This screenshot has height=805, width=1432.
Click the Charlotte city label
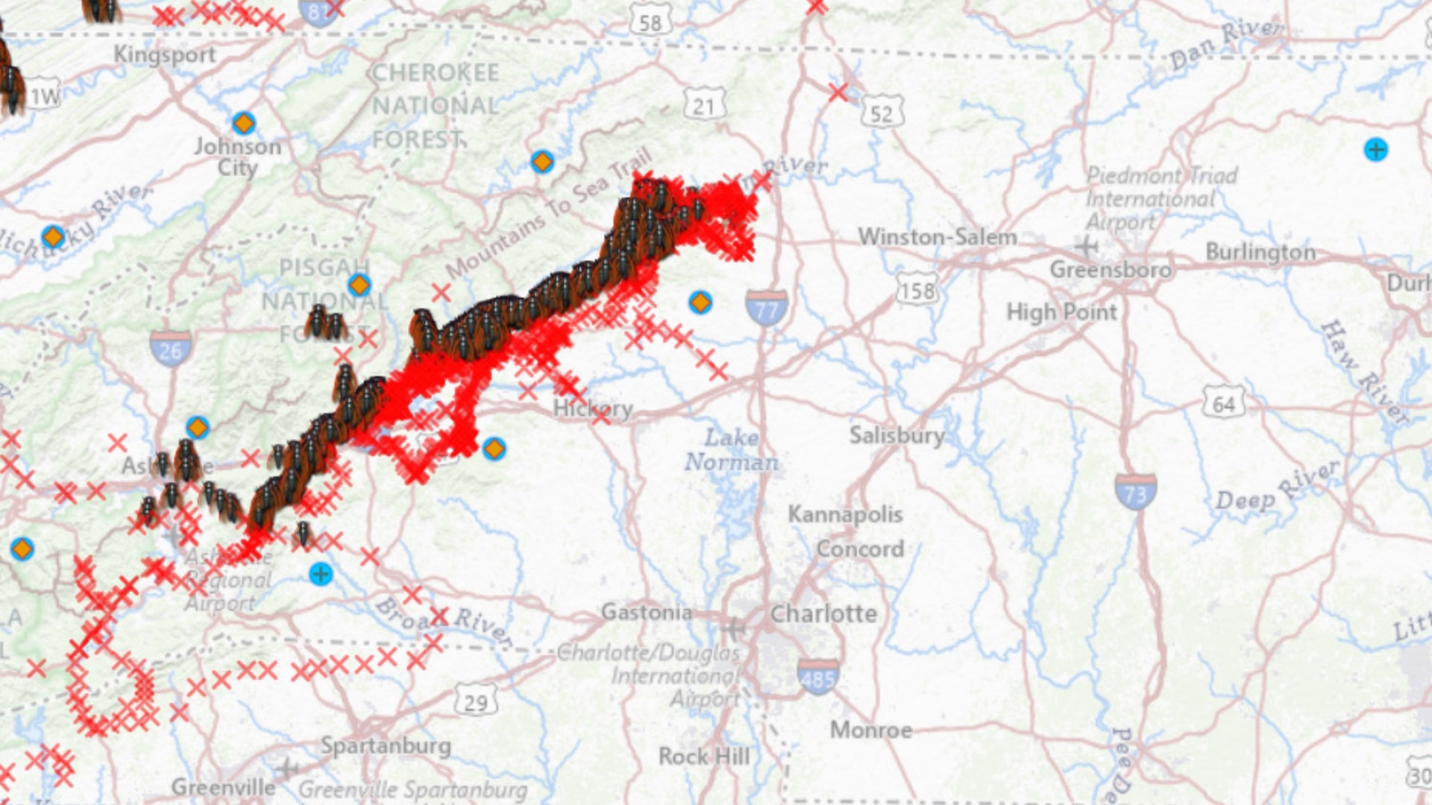823,613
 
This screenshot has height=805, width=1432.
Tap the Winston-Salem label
938,237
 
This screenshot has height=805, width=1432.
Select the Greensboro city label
1111,269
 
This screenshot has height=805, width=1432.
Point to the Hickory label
593,408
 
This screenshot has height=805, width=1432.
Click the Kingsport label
165,54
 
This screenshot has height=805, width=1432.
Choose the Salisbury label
896,435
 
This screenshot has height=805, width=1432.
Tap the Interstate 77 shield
766,307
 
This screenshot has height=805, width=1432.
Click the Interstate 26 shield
171,347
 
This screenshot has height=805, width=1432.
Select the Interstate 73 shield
1136,491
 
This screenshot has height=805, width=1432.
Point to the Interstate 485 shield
817,676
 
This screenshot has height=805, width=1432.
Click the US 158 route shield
917,290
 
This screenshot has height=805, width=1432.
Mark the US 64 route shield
1224,403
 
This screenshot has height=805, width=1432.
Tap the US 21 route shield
703,106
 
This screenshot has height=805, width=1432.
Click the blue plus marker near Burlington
1376,150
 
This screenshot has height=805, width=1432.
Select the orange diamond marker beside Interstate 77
700,303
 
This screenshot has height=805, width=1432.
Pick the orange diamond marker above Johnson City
243,123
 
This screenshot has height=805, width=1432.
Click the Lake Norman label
731,449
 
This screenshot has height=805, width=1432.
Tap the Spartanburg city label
386,745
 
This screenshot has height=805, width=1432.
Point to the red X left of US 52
838,92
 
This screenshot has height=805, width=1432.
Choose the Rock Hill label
704,756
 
